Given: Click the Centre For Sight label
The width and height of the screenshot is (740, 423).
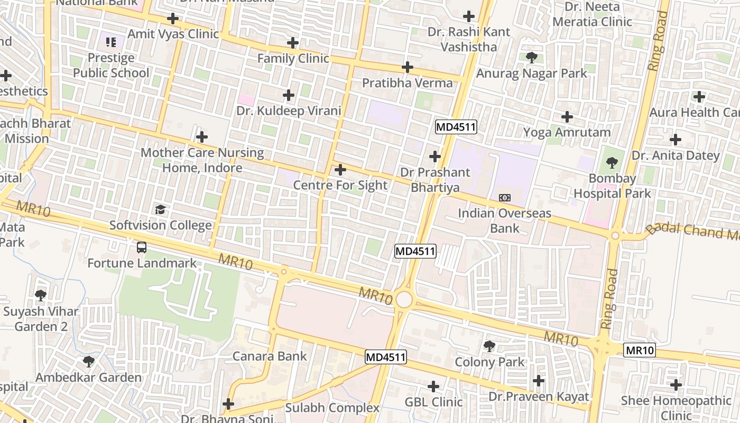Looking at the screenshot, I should (x=340, y=185).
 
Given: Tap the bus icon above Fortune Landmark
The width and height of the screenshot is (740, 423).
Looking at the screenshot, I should (x=141, y=247).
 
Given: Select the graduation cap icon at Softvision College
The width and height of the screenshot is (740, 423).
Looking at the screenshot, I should (x=161, y=209).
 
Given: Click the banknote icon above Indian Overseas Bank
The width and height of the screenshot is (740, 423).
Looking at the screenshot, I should (x=504, y=198).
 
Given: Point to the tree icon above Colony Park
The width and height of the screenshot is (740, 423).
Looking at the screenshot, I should (x=489, y=346).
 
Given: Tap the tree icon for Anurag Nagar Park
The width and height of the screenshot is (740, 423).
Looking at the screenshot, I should (x=531, y=58).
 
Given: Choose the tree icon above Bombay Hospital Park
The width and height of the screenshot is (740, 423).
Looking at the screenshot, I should (x=612, y=162).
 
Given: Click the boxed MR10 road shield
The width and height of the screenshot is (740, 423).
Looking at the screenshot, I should (x=640, y=350).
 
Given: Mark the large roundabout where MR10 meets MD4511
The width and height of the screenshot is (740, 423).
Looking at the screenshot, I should (x=404, y=300).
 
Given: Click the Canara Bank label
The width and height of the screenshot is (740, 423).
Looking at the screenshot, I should (x=270, y=356).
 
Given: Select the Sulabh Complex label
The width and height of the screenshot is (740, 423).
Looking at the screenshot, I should (x=332, y=408).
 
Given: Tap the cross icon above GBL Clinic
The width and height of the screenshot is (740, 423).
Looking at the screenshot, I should (x=433, y=387).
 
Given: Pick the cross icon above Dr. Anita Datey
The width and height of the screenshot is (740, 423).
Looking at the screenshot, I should (x=675, y=140).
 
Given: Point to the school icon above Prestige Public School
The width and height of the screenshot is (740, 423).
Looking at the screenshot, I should (x=110, y=41).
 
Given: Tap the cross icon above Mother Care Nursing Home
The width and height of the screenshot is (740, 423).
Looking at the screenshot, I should (x=201, y=137).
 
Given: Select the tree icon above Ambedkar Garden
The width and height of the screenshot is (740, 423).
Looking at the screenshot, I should (x=89, y=362).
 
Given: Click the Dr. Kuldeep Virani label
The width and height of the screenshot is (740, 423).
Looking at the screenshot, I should (x=289, y=111).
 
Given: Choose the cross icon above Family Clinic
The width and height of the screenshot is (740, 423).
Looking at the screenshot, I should (x=293, y=43).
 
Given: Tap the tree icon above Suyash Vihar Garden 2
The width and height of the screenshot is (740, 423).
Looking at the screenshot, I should (x=41, y=295).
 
